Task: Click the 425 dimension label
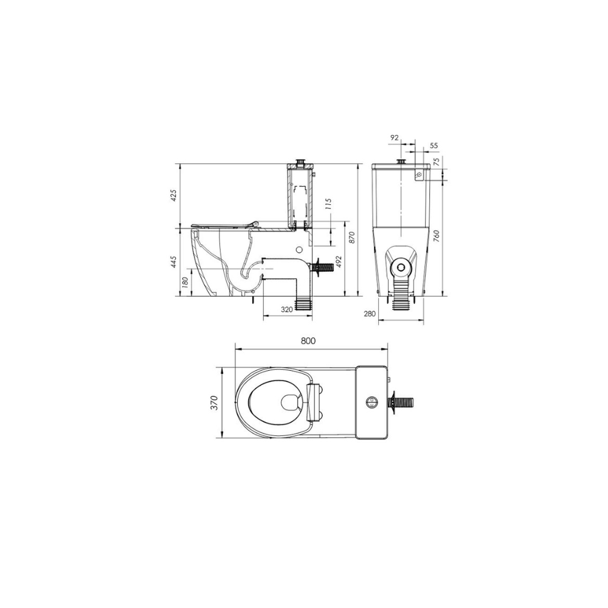coord(173,195)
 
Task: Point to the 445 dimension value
coord(173,262)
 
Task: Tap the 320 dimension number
coord(287,309)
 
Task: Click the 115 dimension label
coord(328,204)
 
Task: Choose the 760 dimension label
coord(436,232)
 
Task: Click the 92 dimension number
coord(394,139)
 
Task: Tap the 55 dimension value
coord(434,146)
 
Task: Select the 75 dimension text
coord(435,162)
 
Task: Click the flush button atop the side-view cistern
coord(299,162)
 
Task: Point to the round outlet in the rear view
coord(401,266)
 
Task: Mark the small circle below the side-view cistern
coord(299,249)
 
